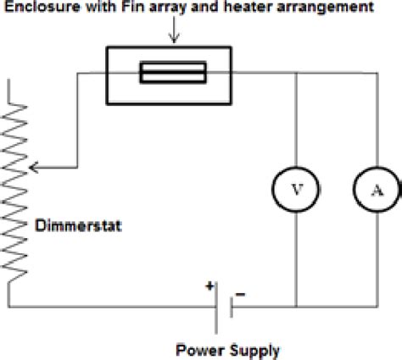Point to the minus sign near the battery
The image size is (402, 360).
pyautogui.click(x=241, y=294)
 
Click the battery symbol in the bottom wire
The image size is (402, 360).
pyautogui.click(x=224, y=307)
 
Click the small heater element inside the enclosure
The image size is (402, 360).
pyautogui.click(x=172, y=75)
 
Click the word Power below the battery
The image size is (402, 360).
pyautogui.click(x=197, y=348)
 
